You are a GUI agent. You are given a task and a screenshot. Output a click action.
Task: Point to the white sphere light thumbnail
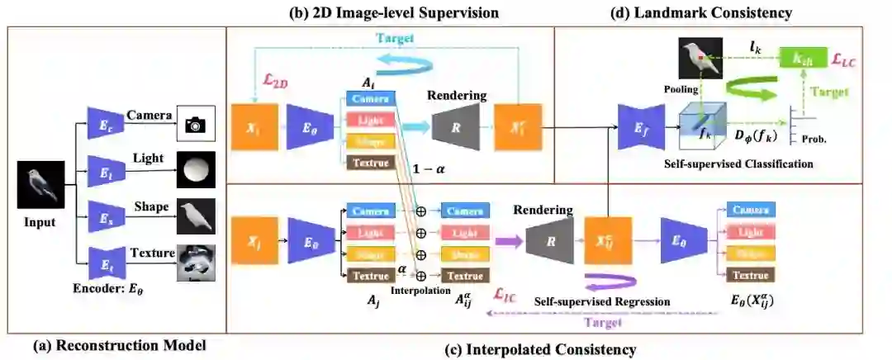195,171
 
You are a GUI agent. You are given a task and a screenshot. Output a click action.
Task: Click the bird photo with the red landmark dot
700,60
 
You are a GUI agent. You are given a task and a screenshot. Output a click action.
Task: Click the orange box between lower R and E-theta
606,241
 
